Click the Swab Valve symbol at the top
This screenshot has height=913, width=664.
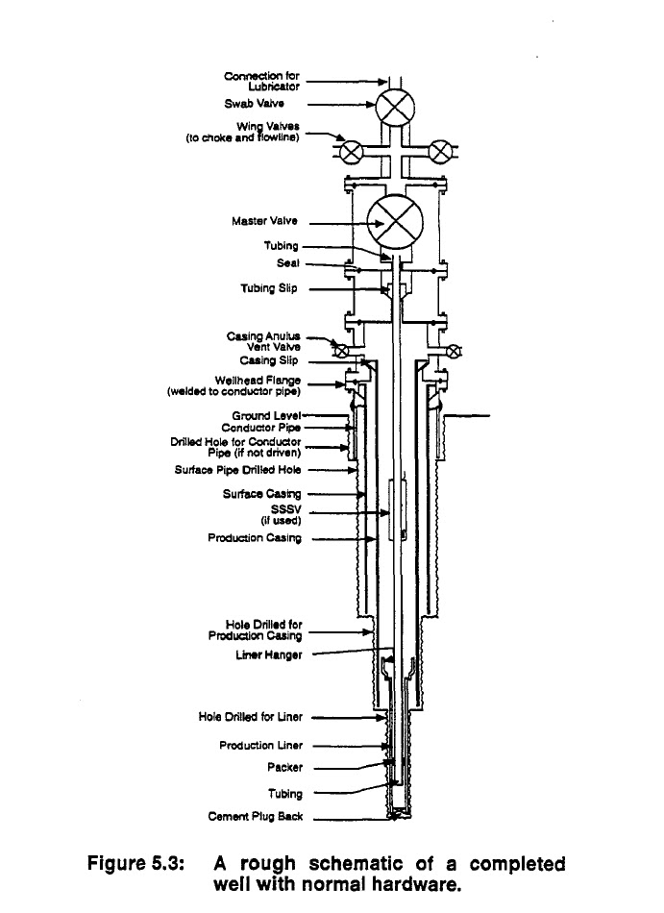pos(393,109)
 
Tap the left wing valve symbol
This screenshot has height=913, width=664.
pos(351,151)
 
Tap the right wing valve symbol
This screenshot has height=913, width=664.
pos(439,151)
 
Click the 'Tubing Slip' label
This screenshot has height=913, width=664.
pos(269,287)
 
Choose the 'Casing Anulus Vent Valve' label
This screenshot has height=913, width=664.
pos(263,341)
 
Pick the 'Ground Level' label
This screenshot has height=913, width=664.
pos(266,416)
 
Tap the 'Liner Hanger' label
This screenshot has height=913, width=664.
pos(269,655)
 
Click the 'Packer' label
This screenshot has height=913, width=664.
pos(284,768)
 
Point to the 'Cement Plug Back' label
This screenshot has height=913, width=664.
pos(255,817)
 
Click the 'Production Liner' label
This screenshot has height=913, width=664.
pos(260,745)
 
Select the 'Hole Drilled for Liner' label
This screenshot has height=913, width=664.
pos(250,717)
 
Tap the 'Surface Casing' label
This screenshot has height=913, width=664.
pos(261,494)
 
